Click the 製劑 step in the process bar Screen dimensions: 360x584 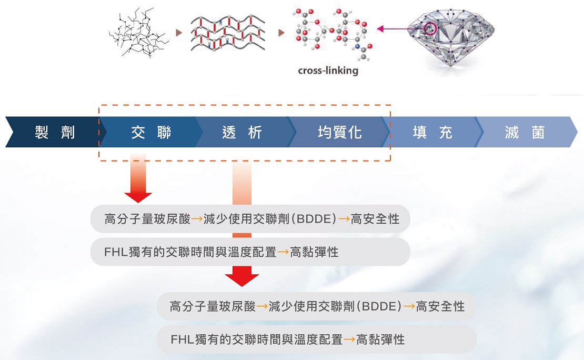[55, 132]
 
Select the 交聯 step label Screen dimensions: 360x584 [151, 132]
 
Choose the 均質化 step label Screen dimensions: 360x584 [340, 132]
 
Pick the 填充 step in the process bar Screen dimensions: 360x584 [432, 132]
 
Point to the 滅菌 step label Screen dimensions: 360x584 [524, 132]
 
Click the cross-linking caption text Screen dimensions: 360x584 [328, 69]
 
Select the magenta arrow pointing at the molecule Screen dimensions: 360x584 [392, 29]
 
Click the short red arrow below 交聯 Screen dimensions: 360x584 [138, 179]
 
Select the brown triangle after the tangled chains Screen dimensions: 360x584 [179, 33]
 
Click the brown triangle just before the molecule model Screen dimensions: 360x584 [281, 33]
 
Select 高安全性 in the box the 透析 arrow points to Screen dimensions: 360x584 [440, 306]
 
